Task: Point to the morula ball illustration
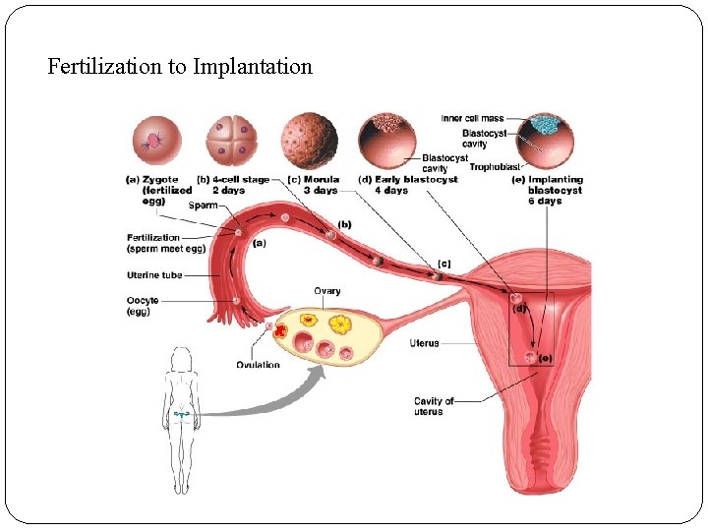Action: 309,139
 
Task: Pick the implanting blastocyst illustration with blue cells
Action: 544,139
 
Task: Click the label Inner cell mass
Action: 472,119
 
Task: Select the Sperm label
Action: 204,206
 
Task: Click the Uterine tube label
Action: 154,275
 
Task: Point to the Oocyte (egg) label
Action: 144,306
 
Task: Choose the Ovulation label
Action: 258,365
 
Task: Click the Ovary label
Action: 327,291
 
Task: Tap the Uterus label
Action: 425,343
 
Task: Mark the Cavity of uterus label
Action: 435,406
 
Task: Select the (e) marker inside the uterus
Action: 545,358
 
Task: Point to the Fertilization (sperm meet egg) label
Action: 153,243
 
